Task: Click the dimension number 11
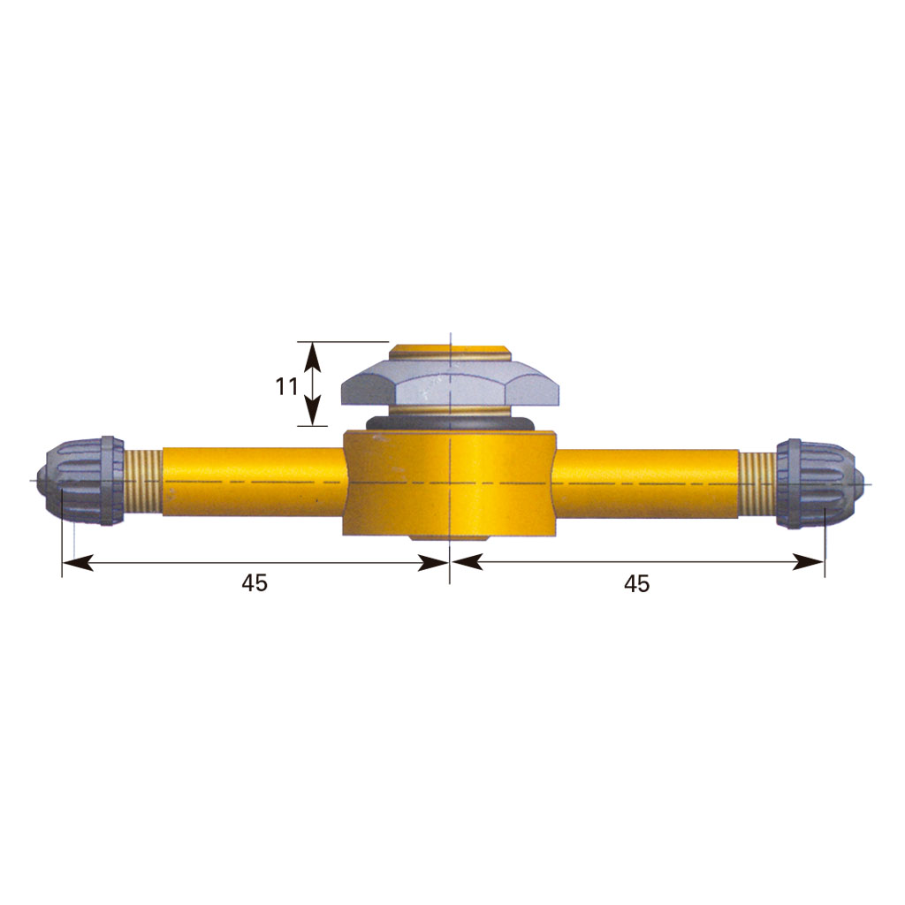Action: coord(286,386)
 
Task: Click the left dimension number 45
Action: coord(255,583)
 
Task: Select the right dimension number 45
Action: coord(636,584)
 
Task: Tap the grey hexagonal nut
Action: coord(451,383)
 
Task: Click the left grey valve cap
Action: coord(80,481)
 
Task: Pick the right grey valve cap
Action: coord(819,483)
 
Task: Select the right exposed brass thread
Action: coord(757,483)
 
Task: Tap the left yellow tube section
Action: coord(254,482)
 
